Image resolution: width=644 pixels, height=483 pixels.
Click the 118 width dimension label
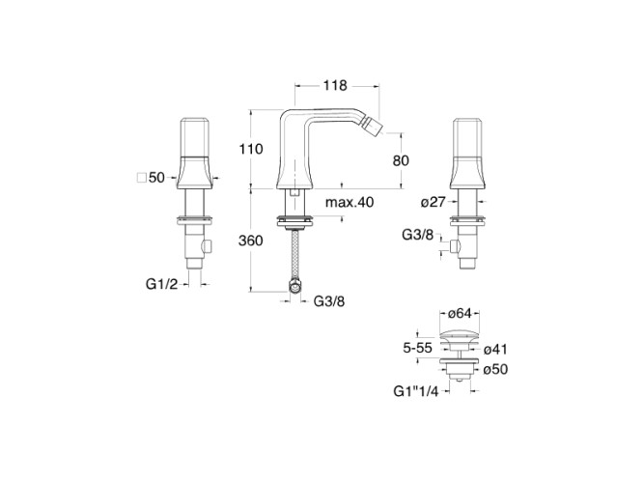pyautogui.click(x=335, y=86)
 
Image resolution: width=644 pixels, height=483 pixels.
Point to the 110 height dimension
pyautogui.click(x=251, y=149)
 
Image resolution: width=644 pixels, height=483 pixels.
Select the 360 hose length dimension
pyautogui.click(x=250, y=241)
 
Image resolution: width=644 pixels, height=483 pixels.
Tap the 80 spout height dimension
pyautogui.click(x=401, y=160)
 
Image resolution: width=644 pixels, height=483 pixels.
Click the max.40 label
pyautogui.click(x=350, y=202)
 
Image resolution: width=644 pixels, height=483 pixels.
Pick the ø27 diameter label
pyautogui.click(x=434, y=202)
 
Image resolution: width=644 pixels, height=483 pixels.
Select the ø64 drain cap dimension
pyautogui.click(x=459, y=314)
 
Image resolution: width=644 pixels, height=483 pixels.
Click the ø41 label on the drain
pyautogui.click(x=495, y=350)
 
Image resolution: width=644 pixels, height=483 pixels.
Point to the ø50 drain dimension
pyautogui.click(x=495, y=369)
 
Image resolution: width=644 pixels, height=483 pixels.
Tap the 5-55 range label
pyautogui.click(x=417, y=348)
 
